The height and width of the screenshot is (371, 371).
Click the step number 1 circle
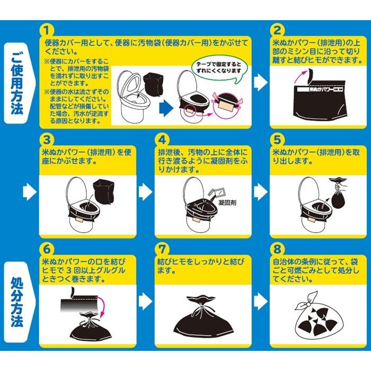pos(47,30)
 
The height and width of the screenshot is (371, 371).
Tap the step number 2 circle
pos(277,30)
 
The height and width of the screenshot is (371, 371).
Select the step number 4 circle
pos(162,140)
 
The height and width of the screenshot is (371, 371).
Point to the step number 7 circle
pos(162,249)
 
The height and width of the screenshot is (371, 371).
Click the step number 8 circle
pos(277,249)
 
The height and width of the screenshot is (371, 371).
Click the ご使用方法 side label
pos(19,83)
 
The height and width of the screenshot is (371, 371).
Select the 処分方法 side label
pos(19,302)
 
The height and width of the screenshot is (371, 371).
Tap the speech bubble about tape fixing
pos(219,68)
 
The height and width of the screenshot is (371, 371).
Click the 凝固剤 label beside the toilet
pos(227,203)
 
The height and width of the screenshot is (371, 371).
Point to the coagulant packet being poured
pos(216,192)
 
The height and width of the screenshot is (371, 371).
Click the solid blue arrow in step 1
pos(166,108)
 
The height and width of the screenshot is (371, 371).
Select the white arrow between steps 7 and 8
pos(261,302)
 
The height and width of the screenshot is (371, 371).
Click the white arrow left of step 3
pos(30,192)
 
